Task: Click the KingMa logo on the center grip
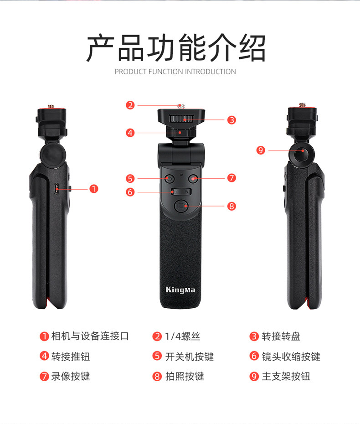click(180, 290)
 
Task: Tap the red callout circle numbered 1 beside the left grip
click(94, 189)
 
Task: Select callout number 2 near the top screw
click(130, 105)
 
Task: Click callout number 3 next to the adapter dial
click(231, 120)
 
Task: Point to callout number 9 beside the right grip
click(261, 150)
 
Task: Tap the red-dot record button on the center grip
click(193, 178)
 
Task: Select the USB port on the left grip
click(56, 189)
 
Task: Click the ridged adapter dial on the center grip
click(181, 119)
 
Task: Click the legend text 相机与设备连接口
click(90, 336)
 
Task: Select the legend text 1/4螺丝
click(182, 336)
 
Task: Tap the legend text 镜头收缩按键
click(291, 357)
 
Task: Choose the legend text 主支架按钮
click(286, 376)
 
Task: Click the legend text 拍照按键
click(185, 376)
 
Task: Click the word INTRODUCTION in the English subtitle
click(210, 72)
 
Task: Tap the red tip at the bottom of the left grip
click(48, 302)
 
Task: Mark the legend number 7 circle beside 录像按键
click(44, 376)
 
